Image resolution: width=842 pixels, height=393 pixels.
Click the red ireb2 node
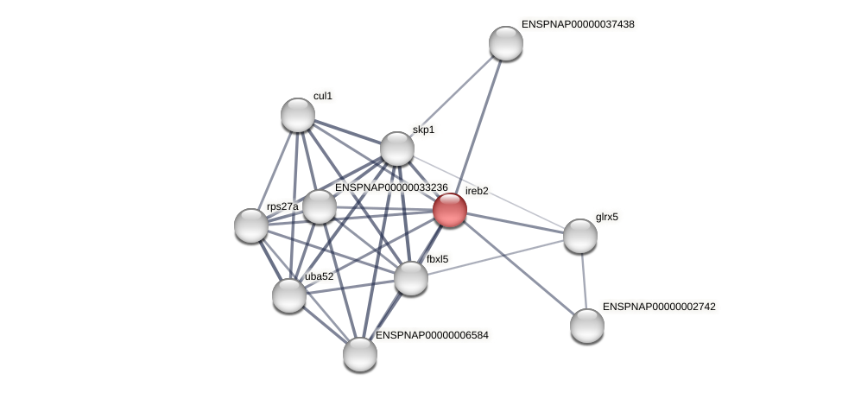point(450,210)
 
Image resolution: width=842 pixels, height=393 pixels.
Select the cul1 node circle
point(298,115)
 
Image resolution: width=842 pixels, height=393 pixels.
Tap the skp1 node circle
point(397,149)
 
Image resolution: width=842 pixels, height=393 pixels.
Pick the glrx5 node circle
point(580,236)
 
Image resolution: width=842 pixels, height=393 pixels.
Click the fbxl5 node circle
point(411,278)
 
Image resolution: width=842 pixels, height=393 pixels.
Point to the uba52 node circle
point(289,295)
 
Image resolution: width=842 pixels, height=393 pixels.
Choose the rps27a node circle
point(251,225)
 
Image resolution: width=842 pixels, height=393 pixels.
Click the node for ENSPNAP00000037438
point(506,43)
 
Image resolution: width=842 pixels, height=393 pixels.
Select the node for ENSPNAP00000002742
point(587,326)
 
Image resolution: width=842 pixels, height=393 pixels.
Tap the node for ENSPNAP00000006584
point(360,354)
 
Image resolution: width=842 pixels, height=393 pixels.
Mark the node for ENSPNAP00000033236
point(320,206)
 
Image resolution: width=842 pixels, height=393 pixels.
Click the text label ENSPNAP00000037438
point(578,24)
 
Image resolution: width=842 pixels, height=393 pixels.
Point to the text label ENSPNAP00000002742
point(659,307)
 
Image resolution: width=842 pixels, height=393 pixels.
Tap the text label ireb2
point(477,190)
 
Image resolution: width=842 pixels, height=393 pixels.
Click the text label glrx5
point(607,217)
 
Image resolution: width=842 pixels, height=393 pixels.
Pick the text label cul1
point(323,96)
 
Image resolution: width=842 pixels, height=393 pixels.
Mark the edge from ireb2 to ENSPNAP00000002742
point(518,268)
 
